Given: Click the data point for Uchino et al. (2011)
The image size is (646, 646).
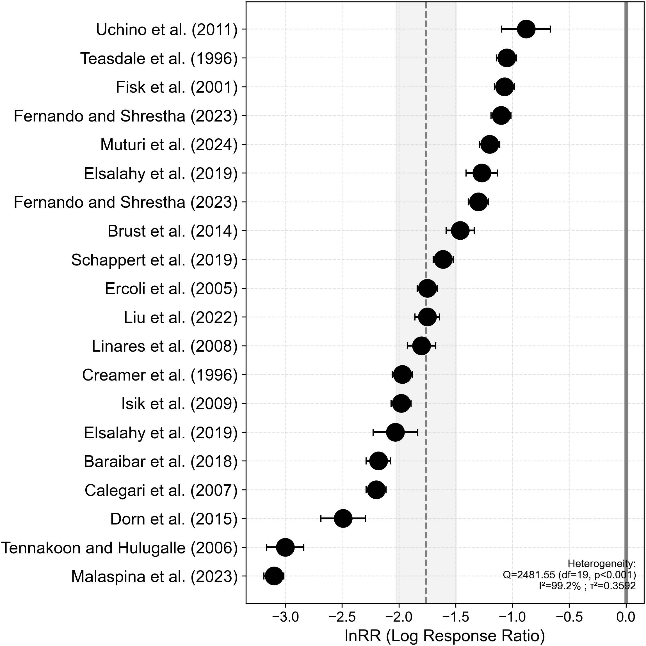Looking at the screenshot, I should [x=526, y=29].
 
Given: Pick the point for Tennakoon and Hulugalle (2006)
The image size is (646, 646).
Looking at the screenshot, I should [x=285, y=548].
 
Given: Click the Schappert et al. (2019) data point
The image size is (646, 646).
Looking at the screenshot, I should [x=443, y=260].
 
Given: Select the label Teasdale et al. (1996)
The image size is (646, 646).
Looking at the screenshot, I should [x=159, y=59].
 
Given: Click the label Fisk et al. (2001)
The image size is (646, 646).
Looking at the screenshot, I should [x=177, y=87].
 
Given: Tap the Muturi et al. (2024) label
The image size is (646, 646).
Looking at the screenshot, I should [x=169, y=145].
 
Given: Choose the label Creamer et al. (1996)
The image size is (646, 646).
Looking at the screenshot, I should [x=160, y=375].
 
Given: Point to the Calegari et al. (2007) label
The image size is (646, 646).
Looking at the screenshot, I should [x=161, y=490].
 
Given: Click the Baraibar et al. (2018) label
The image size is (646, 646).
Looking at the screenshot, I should [x=161, y=461].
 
